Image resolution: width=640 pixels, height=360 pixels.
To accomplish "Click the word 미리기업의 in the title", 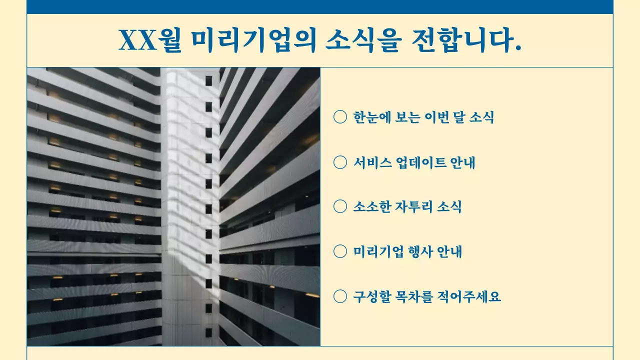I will [x=254, y=40].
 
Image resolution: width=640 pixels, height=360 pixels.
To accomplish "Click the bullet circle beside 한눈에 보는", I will [x=340, y=117].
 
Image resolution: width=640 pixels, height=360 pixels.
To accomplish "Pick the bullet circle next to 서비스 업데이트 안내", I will [x=340, y=162].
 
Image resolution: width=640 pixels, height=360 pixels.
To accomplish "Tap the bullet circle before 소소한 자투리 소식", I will [x=340, y=206].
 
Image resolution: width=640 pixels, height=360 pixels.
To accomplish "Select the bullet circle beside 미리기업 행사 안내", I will [x=340, y=251].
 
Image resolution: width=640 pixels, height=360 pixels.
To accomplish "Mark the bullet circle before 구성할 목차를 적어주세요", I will [x=340, y=296].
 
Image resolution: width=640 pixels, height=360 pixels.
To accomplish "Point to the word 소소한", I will [x=369, y=207].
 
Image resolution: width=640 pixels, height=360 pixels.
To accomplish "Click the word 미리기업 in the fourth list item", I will [x=373, y=252].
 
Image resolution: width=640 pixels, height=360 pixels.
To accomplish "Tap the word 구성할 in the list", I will [x=369, y=297].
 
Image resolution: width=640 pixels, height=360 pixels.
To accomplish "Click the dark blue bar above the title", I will [x=320, y=6].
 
